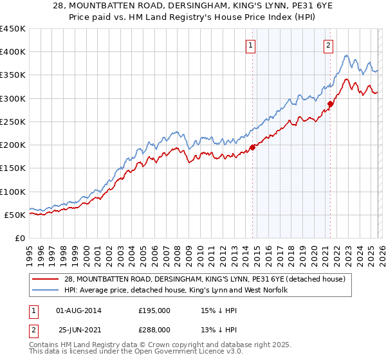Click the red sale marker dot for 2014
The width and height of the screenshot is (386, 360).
pyautogui.click(x=252, y=147)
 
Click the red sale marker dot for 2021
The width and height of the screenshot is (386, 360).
pyautogui.click(x=331, y=104)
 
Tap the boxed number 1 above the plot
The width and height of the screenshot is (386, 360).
pyautogui.click(x=250, y=45)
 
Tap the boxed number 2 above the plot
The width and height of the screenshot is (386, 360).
pyautogui.click(x=328, y=45)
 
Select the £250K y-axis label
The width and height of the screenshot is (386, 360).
pyautogui.click(x=13, y=122)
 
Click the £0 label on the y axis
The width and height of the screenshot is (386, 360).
pyautogui.click(x=21, y=238)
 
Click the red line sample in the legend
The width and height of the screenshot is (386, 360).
pyautogui.click(x=46, y=279)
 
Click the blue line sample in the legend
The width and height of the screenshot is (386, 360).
pyautogui.click(x=46, y=290)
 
